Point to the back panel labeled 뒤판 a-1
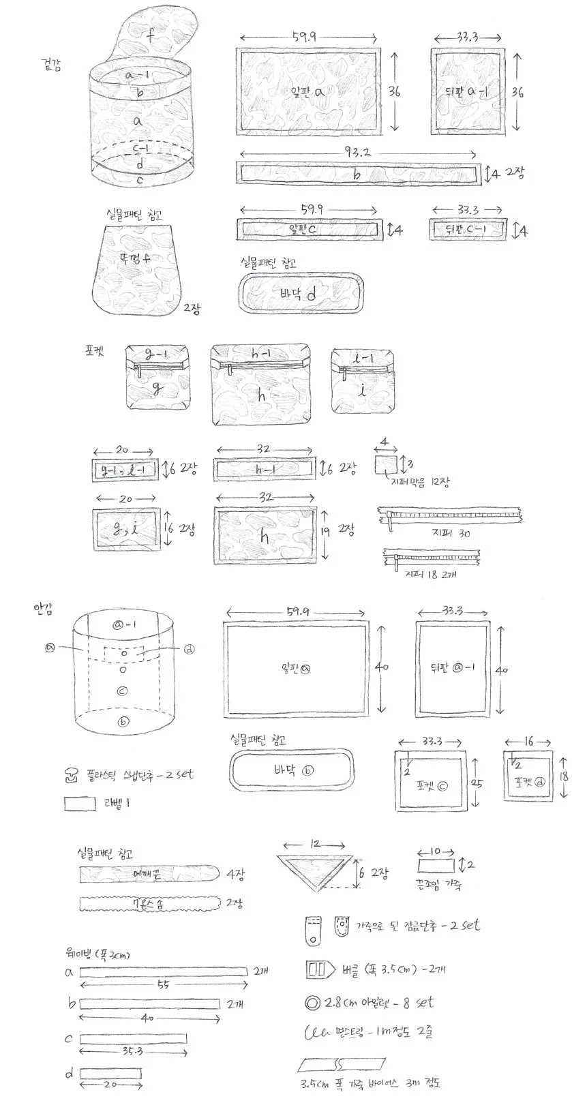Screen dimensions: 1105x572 click(x=468, y=91)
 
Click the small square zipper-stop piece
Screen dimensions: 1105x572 click(x=386, y=466)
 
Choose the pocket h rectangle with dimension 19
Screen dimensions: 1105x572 click(x=265, y=535)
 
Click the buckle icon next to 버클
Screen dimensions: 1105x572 click(x=319, y=969)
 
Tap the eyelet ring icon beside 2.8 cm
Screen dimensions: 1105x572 click(x=314, y=1003)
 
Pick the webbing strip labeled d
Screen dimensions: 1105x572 click(x=110, y=1073)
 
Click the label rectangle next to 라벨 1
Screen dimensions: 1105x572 click(x=80, y=804)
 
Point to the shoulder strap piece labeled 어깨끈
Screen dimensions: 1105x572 click(x=148, y=873)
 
